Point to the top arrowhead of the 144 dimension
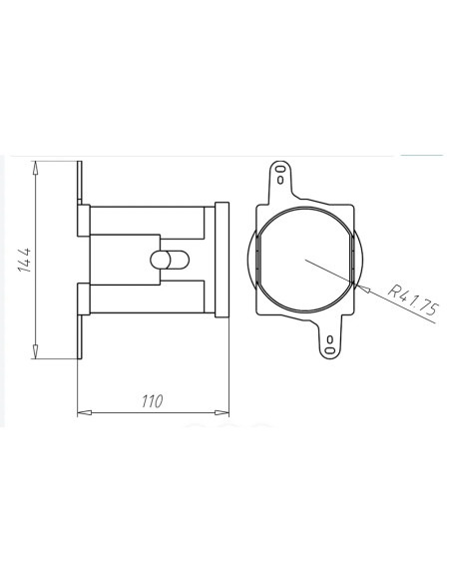coord(35,163)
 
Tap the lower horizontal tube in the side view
coord(150,297)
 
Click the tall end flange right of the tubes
coord(222,259)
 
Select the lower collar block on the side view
coord(85,298)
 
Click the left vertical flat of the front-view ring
coord(258,260)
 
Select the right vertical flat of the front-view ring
coord(352,260)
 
